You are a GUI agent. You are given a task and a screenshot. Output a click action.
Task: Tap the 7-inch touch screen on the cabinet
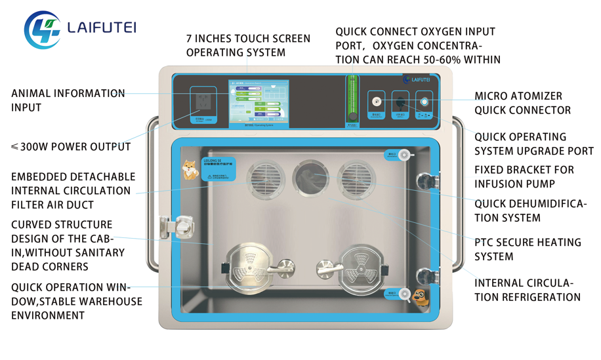pyautogui.click(x=259, y=104)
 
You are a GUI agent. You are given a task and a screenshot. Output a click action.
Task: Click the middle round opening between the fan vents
pyautogui.click(x=310, y=179)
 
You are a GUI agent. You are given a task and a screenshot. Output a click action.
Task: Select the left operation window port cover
pyautogui.click(x=248, y=268)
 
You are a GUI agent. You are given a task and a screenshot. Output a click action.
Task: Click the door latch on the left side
pyautogui.click(x=174, y=228)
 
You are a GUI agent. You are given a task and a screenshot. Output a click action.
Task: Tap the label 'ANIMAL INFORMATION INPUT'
pyautogui.click(x=68, y=100)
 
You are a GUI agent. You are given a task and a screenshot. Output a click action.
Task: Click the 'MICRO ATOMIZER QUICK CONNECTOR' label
pyautogui.click(x=522, y=104)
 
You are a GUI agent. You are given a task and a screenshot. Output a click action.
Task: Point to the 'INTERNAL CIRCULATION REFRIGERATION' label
pyautogui.click(x=528, y=290)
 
